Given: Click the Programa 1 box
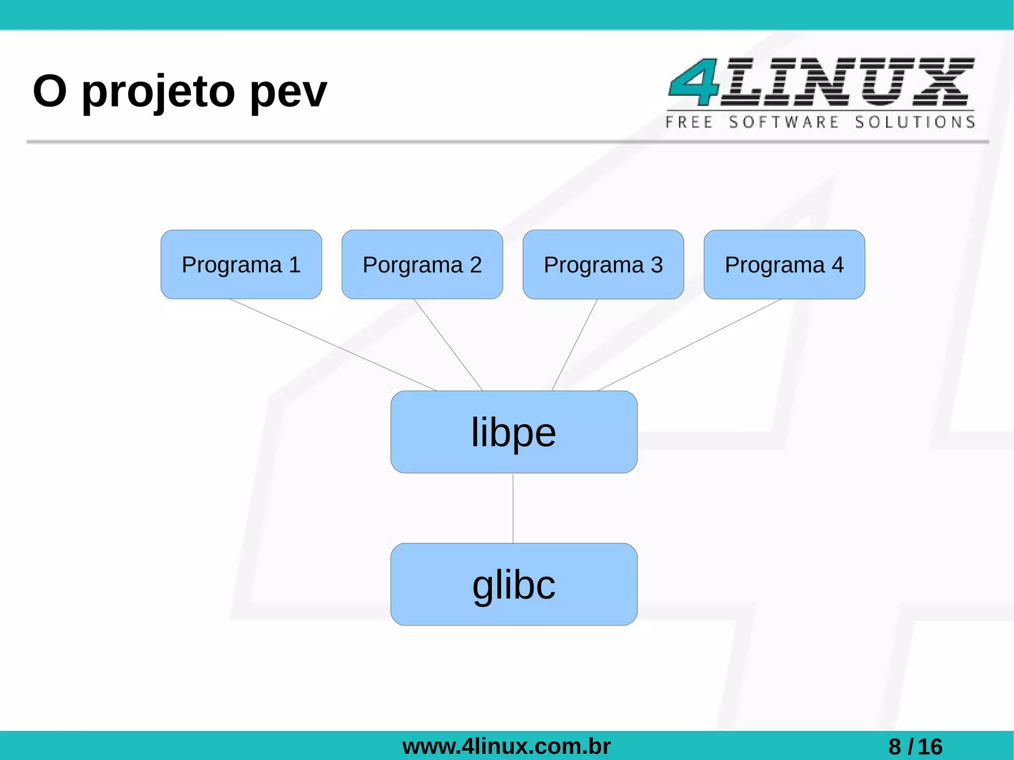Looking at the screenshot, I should pyautogui.click(x=241, y=264).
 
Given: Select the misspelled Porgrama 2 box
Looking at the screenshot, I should pyautogui.click(x=422, y=264).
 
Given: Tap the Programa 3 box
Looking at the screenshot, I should pyautogui.click(x=603, y=264).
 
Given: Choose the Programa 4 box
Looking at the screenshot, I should pyautogui.click(x=784, y=264).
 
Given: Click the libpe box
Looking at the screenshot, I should pyautogui.click(x=513, y=432).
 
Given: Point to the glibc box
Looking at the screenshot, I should pyautogui.click(x=513, y=584).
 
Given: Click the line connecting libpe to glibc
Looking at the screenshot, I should pyautogui.click(x=513, y=508).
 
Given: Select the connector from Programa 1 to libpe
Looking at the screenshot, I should pyautogui.click(x=333, y=345).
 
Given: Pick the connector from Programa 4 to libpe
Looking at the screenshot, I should pyautogui.click(x=689, y=345).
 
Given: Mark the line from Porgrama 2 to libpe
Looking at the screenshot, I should pyautogui.click(x=448, y=345).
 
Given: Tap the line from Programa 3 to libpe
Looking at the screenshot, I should pyautogui.click(x=575, y=345).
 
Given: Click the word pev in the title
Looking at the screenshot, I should pyautogui.click(x=288, y=92).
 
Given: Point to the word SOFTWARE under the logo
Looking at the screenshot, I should pyautogui.click(x=784, y=122).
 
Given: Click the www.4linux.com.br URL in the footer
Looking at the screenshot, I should pyautogui.click(x=506, y=746).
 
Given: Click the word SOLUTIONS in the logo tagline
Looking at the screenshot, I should pyautogui.click(x=915, y=122).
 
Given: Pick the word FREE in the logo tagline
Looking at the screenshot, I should pyautogui.click(x=689, y=122).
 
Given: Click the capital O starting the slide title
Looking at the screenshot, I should pyautogui.click(x=50, y=91).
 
